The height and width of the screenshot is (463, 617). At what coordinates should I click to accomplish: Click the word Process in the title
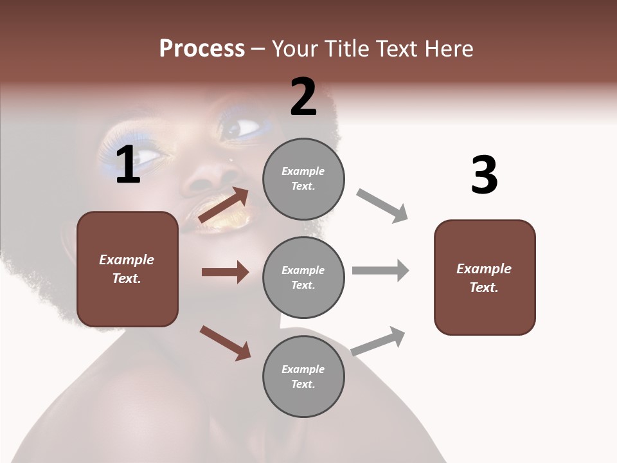pyautogui.click(x=202, y=49)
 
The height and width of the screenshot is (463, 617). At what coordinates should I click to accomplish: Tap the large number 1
pyautogui.click(x=128, y=165)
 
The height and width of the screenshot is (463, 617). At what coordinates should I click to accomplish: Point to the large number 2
pyautogui.click(x=303, y=97)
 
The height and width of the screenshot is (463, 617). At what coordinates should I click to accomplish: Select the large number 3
pyautogui.click(x=484, y=176)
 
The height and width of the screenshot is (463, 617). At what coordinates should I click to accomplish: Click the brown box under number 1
pyautogui.click(x=127, y=269)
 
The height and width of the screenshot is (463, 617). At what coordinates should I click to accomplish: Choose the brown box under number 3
pyautogui.click(x=485, y=277)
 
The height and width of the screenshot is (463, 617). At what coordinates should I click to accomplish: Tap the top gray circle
pyautogui.click(x=303, y=179)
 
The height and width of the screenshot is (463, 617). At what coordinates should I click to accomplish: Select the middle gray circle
pyautogui.click(x=303, y=277)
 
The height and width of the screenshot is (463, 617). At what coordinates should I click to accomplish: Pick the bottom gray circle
pyautogui.click(x=303, y=376)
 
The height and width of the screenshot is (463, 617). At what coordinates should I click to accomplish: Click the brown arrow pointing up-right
pyautogui.click(x=224, y=204)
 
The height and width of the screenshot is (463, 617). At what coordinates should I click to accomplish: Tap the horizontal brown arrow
pyautogui.click(x=225, y=272)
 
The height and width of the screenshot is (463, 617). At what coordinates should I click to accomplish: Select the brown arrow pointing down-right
pyautogui.click(x=225, y=343)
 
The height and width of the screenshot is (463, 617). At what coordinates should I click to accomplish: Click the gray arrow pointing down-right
pyautogui.click(x=382, y=206)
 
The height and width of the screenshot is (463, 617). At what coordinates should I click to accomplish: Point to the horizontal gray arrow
pyautogui.click(x=380, y=270)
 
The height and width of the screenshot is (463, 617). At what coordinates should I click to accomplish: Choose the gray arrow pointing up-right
pyautogui.click(x=379, y=341)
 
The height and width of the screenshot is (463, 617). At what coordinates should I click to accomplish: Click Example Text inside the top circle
pyautogui.click(x=303, y=179)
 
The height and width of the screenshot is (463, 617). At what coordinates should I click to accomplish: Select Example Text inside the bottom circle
pyautogui.click(x=303, y=376)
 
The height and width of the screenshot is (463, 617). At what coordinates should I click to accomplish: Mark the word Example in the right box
pyautogui.click(x=484, y=269)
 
